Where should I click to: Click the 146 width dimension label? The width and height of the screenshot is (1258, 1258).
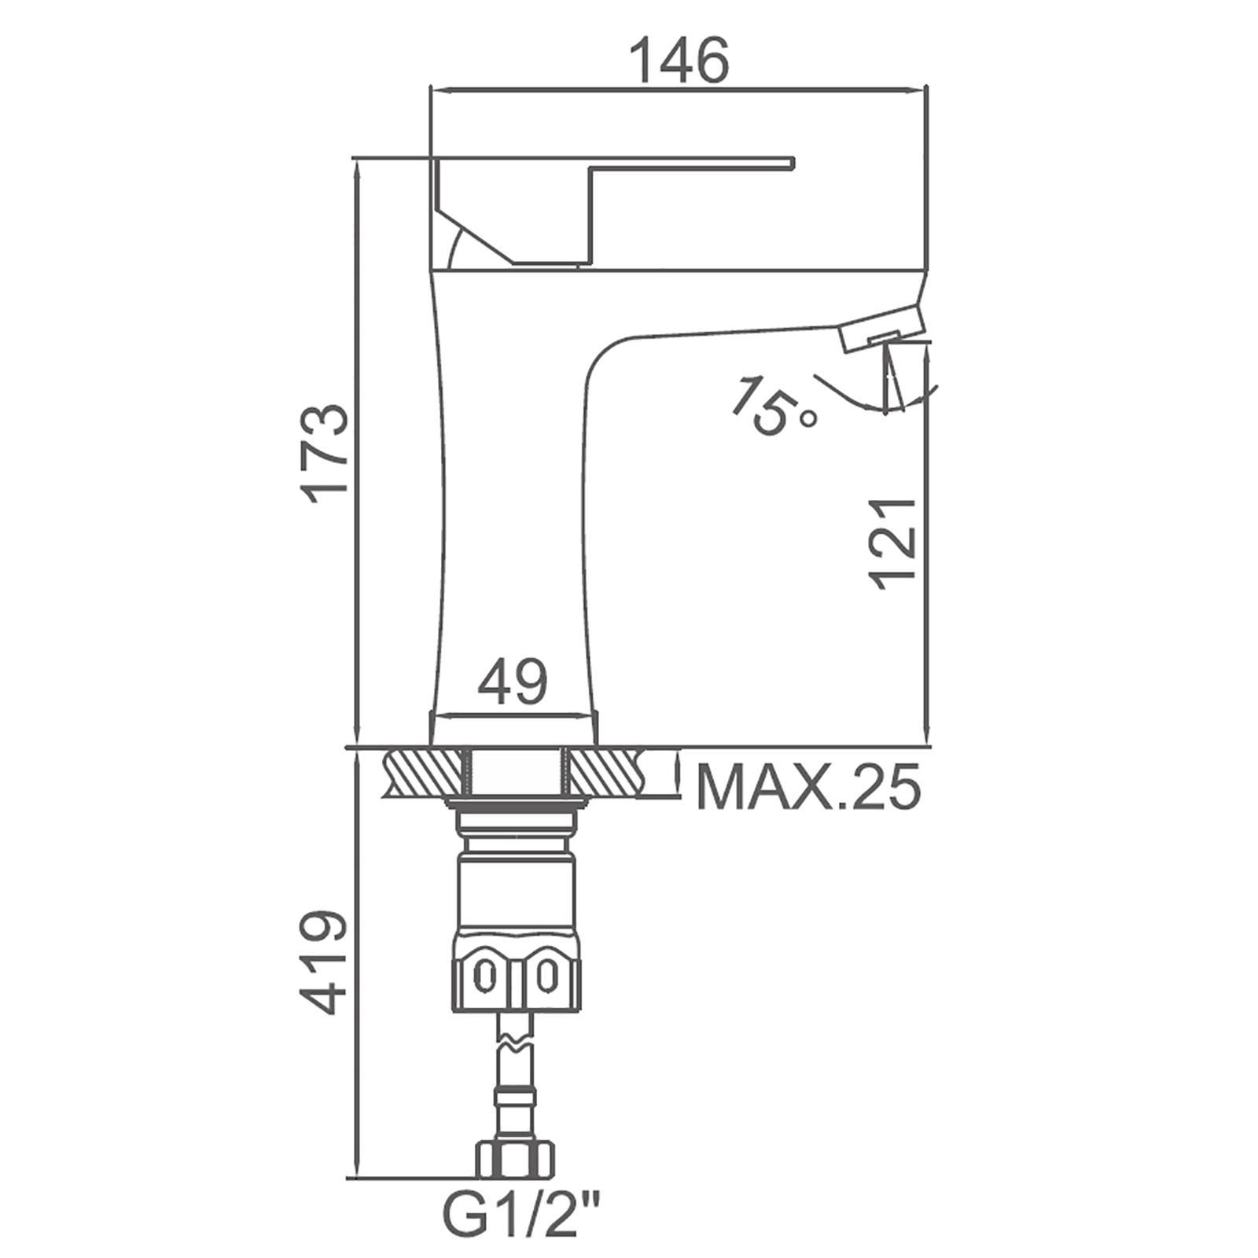[x=681, y=61]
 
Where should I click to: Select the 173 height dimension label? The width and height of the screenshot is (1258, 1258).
[x=326, y=454]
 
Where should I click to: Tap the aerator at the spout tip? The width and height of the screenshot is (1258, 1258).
[x=882, y=327]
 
